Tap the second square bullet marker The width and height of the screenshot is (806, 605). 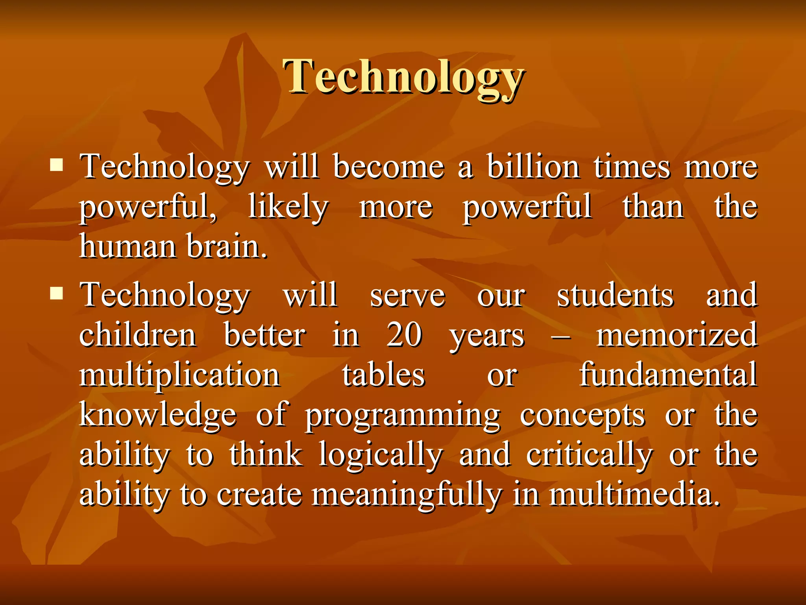[57, 293]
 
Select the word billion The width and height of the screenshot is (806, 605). [533, 167]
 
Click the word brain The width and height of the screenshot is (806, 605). [227, 247]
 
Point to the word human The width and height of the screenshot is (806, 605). [128, 247]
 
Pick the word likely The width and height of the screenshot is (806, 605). [288, 207]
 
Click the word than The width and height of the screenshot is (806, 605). [653, 207]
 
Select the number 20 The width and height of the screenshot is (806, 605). [404, 335]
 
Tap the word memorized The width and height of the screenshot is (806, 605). [677, 335]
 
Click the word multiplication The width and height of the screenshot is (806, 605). [180, 375]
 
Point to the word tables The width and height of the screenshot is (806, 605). [383, 375]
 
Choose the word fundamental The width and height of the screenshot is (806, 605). [668, 375]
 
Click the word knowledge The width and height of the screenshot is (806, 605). [158, 415]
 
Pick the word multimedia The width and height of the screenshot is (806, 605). [634, 495]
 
